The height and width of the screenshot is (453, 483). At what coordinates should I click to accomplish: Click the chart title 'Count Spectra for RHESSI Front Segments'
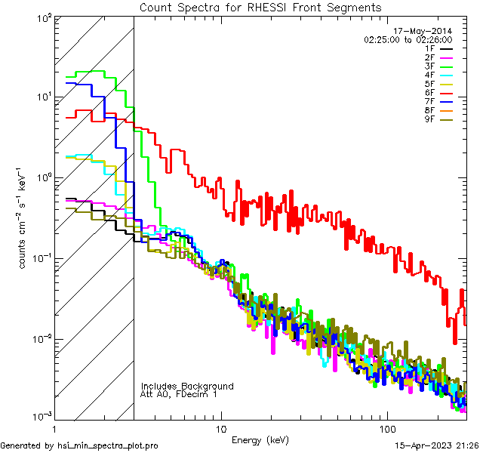(260, 8)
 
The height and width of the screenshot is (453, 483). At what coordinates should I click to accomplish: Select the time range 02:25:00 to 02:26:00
(408, 39)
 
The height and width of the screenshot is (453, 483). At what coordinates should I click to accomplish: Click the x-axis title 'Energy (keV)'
(260, 439)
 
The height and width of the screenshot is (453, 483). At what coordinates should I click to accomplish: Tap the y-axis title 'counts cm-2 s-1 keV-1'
(24, 218)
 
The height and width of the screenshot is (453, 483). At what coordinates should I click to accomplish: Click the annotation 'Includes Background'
(187, 387)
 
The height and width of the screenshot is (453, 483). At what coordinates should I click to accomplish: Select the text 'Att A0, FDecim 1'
(179, 395)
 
